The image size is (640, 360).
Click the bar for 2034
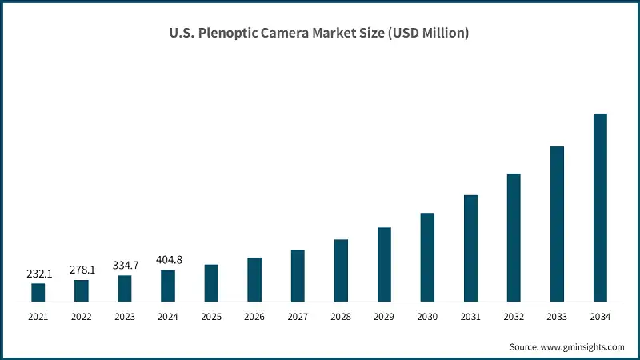click(x=600, y=208)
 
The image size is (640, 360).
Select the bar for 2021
click(x=38, y=293)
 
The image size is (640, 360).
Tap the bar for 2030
click(x=427, y=258)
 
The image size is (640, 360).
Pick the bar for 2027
click(x=298, y=276)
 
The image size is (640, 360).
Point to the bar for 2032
click(x=514, y=238)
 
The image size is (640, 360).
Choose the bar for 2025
click(x=211, y=283)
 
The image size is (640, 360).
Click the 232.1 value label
click(x=38, y=274)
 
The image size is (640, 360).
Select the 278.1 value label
click(x=82, y=270)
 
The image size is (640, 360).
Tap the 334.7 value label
click(x=125, y=266)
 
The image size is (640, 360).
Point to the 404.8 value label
click(x=168, y=259)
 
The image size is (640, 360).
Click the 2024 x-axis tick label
click(x=168, y=317)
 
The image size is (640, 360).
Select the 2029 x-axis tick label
click(x=384, y=317)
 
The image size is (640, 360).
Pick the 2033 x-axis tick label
click(x=557, y=317)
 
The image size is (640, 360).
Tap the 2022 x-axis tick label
click(x=82, y=317)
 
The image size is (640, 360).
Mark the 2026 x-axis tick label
click(x=254, y=317)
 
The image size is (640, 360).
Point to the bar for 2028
click(x=341, y=270)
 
